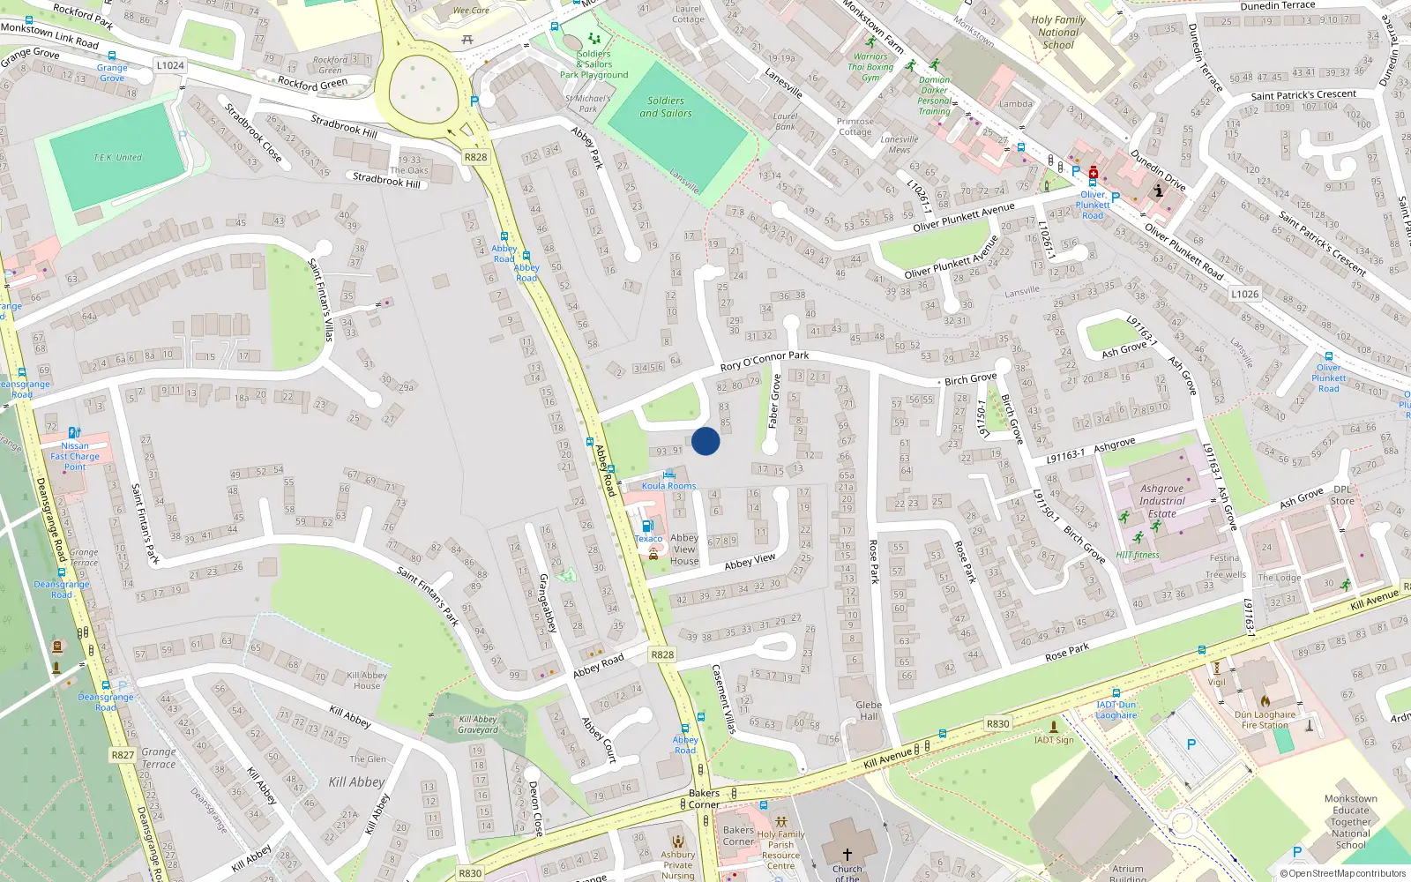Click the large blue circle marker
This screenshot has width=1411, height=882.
tap(705, 441)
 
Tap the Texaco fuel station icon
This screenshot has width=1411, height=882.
tap(647, 526)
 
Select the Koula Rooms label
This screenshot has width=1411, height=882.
tap(668, 486)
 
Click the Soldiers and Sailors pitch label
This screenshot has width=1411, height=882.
tap(666, 107)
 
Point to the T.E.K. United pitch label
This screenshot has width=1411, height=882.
tap(117, 158)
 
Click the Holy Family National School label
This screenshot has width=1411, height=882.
tap(1058, 32)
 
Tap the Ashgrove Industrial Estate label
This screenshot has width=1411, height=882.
tap(1162, 501)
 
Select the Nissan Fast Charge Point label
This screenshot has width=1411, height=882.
tap(75, 456)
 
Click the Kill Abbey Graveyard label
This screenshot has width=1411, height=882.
tap(478, 724)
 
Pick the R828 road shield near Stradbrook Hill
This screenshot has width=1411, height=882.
tap(475, 157)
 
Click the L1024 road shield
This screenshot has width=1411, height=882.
tap(170, 65)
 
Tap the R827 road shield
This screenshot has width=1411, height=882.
tap(123, 755)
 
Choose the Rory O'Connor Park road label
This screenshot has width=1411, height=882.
tap(764, 360)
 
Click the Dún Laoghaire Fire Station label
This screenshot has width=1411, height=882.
tap(1265, 720)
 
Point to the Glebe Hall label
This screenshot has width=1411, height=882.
tap(869, 710)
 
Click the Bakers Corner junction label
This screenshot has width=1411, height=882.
tap(704, 798)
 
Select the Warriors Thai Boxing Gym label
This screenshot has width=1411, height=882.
tap(870, 66)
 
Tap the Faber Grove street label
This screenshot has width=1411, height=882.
tap(775, 401)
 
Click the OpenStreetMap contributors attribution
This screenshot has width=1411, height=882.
tap(1343, 873)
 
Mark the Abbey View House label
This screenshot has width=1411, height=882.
tap(684, 549)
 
